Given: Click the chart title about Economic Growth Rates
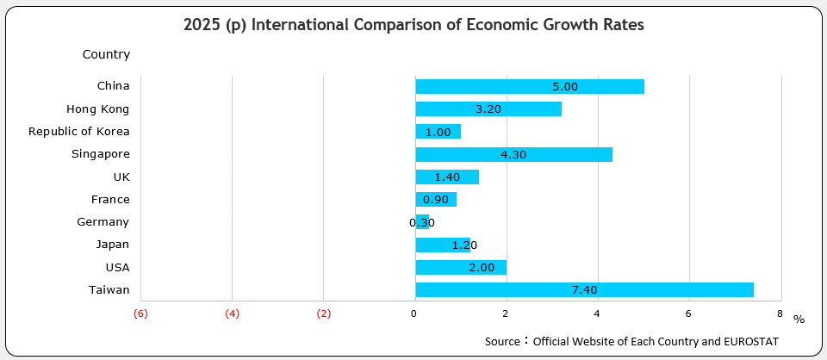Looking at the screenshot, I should click(x=413, y=25).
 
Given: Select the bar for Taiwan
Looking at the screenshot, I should click(x=584, y=290).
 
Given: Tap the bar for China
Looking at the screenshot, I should click(x=529, y=86).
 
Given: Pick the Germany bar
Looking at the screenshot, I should click(x=421, y=222).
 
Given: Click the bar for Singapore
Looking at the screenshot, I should click(x=513, y=154).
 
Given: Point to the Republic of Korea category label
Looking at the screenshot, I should click(x=78, y=132).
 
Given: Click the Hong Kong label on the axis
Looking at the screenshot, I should click(x=97, y=109).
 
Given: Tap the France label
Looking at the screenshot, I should click(x=109, y=199).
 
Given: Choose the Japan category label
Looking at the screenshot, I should click(x=113, y=245).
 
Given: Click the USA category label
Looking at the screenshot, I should click(x=117, y=267).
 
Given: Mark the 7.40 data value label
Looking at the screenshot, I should click(x=584, y=290).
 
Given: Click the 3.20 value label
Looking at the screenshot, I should click(x=488, y=109).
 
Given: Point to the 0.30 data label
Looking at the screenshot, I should click(x=422, y=222).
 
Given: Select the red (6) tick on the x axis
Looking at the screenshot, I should click(x=140, y=313).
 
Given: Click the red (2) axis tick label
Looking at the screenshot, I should click(x=323, y=313).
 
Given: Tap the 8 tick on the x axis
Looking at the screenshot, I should click(x=779, y=313).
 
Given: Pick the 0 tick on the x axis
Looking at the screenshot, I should click(x=414, y=313).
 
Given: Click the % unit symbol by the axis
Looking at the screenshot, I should click(x=799, y=320).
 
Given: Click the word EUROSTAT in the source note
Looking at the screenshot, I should click(x=751, y=342).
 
